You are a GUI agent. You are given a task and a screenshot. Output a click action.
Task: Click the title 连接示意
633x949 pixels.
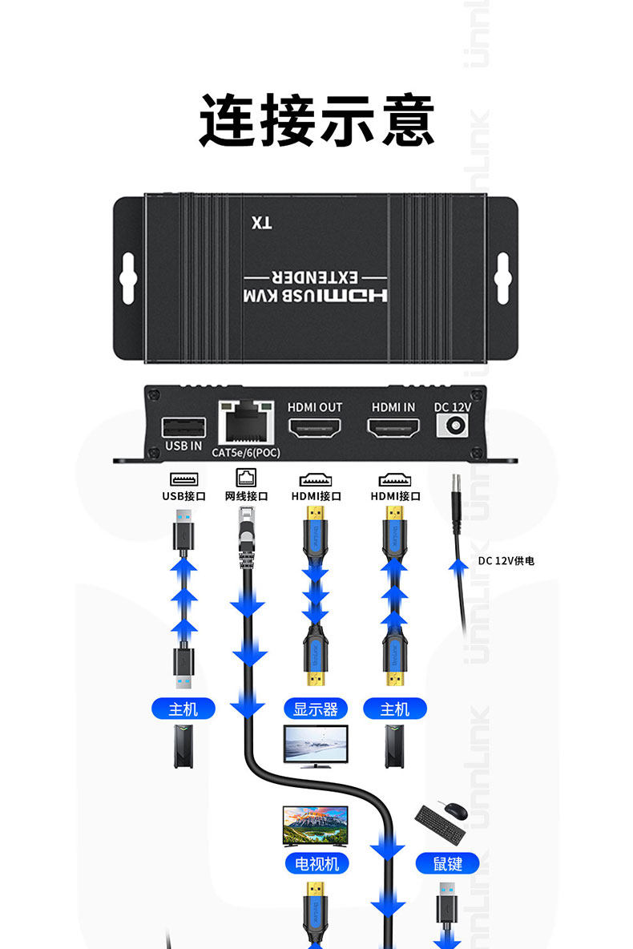[316, 121]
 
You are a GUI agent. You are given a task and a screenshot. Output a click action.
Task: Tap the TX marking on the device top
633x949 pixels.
[261, 223]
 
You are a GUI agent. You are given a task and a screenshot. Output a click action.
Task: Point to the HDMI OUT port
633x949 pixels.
[315, 428]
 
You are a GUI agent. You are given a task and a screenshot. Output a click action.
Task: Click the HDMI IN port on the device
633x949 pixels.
[393, 428]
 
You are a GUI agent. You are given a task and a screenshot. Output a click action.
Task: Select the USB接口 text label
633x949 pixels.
[183, 496]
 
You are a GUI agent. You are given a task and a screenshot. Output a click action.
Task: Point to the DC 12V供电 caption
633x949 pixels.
[506, 561]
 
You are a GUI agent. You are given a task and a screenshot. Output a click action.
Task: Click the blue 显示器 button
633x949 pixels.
[316, 709]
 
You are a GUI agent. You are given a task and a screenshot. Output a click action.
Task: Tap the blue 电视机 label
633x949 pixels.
[316, 863]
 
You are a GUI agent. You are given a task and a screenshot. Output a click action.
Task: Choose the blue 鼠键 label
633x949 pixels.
[447, 863]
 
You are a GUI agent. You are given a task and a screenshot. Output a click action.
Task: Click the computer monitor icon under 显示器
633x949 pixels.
[316, 746]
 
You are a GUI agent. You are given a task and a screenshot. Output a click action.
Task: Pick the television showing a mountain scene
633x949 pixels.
[316, 826]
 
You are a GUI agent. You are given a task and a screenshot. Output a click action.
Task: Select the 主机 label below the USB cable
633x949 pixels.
[183, 709]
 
